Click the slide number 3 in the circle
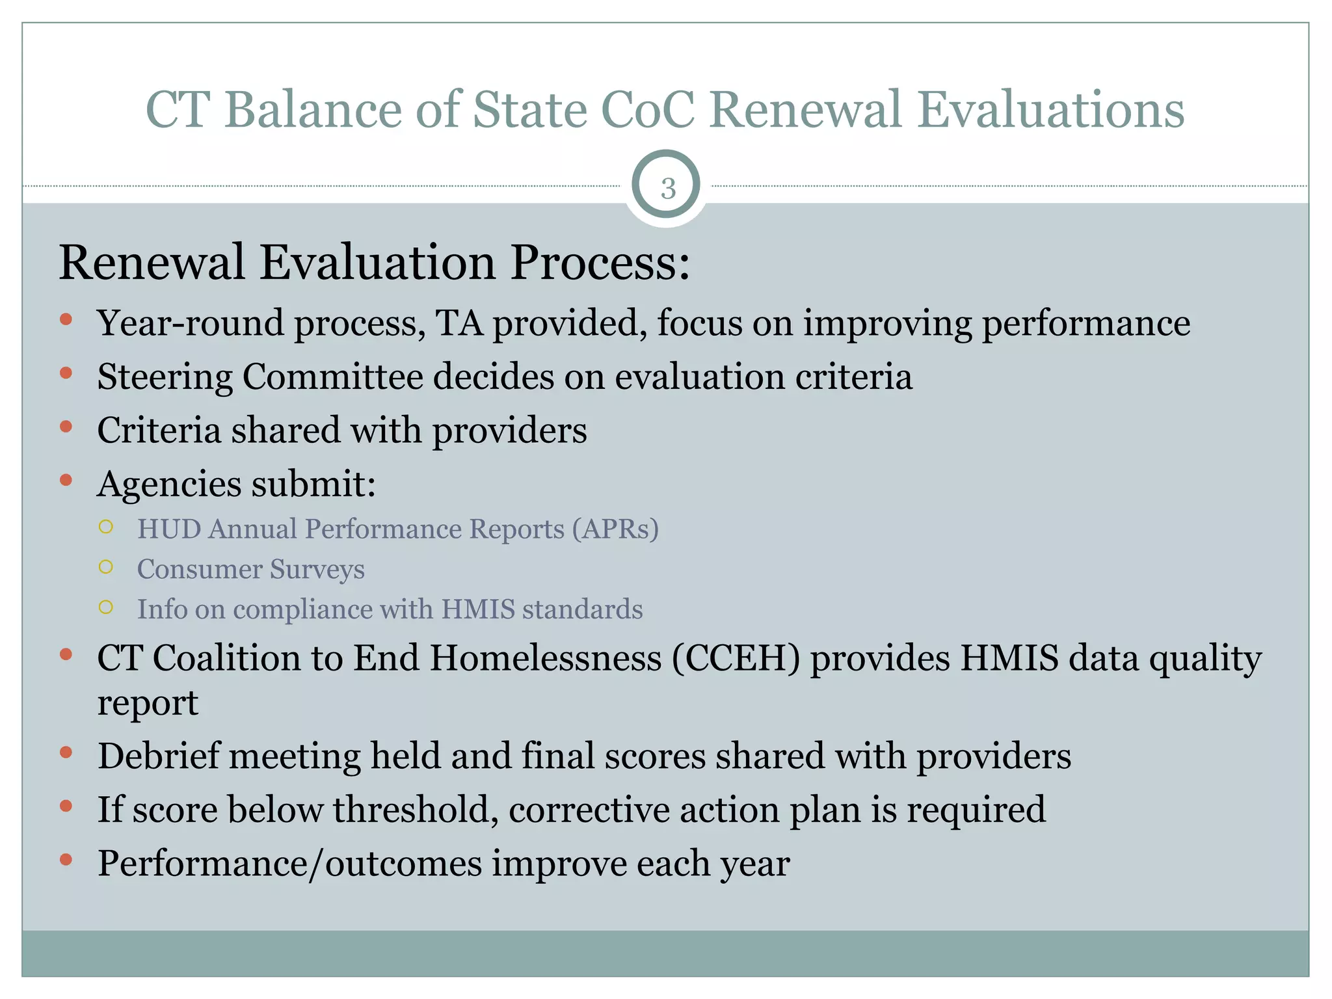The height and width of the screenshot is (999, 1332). point(667,188)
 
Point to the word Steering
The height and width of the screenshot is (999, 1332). point(165,377)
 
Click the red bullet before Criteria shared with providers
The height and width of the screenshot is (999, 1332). point(66,427)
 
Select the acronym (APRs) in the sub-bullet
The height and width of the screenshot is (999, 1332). point(615,529)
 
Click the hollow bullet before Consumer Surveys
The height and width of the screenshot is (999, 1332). point(106,567)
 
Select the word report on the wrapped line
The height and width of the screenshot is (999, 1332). point(148,703)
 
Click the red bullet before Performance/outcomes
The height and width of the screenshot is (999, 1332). point(66,860)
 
